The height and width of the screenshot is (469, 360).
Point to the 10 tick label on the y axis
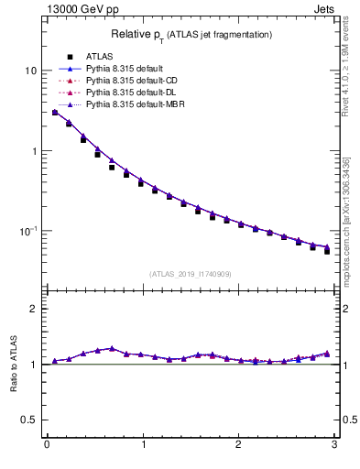pos(31,71)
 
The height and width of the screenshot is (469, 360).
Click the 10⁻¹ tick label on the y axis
pos(29,230)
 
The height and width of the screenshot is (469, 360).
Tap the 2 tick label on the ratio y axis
pos(34,309)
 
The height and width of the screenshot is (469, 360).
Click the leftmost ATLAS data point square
pos(55,113)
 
